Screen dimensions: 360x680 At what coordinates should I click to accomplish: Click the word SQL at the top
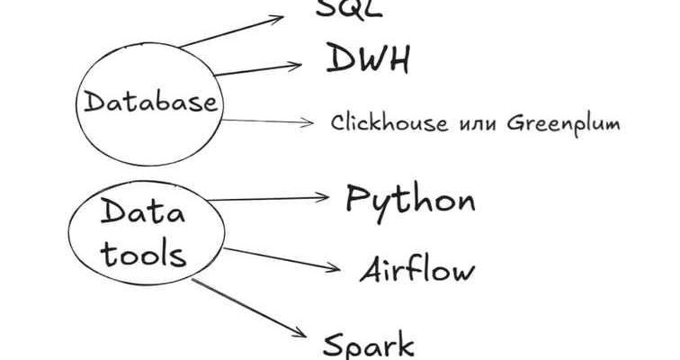tap(349, 8)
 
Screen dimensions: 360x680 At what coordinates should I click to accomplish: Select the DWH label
tap(368, 60)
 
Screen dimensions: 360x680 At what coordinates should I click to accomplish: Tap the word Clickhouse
tap(389, 122)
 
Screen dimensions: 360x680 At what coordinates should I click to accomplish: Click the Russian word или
tap(475, 123)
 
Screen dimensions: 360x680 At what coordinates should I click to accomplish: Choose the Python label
tap(410, 200)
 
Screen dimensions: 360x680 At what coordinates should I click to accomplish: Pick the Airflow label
tap(416, 269)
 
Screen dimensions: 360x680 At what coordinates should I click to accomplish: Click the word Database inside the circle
tap(151, 101)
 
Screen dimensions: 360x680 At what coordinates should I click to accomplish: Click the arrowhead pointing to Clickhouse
tap(309, 121)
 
